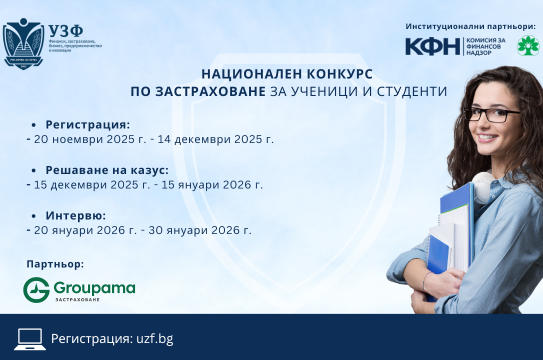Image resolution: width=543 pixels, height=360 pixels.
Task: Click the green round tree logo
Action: (x=524, y=46)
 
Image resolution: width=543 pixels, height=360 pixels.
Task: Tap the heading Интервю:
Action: (x=77, y=215)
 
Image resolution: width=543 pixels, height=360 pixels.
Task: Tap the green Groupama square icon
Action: (x=36, y=289)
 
